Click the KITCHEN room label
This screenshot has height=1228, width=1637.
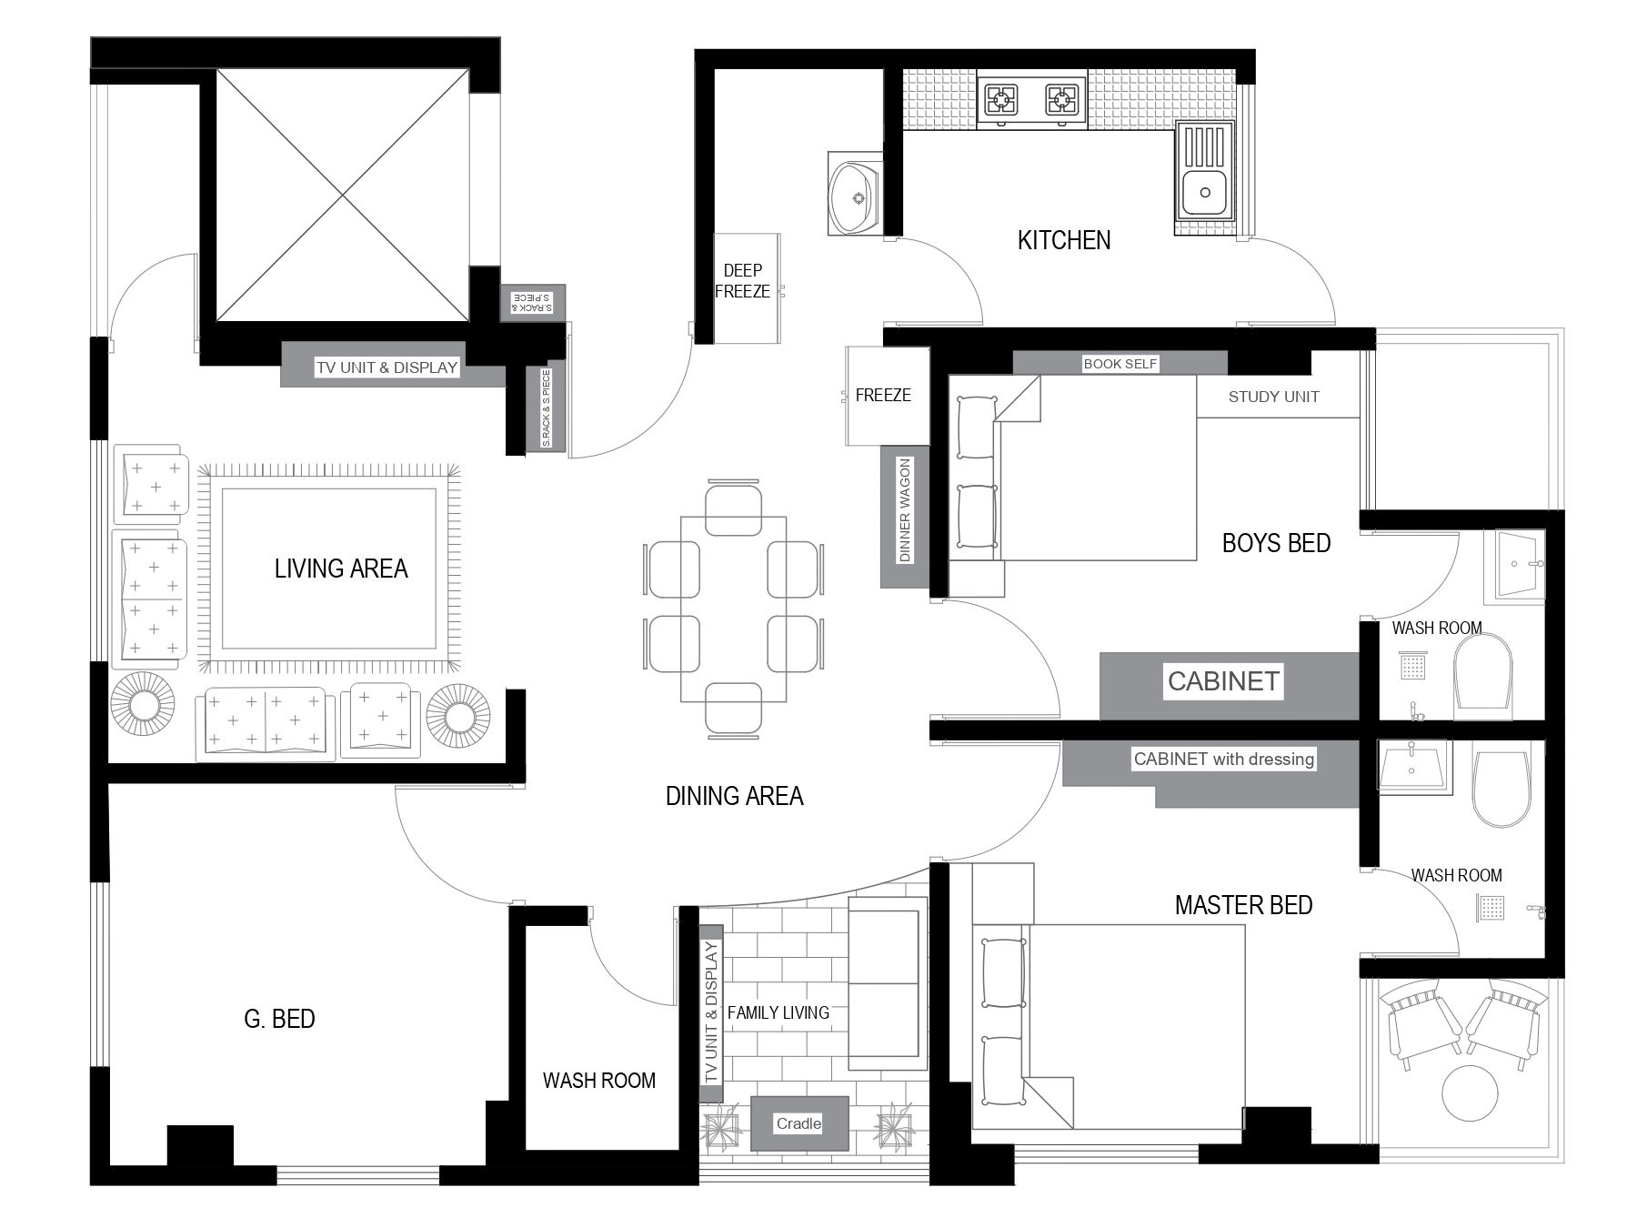pyautogui.click(x=1063, y=240)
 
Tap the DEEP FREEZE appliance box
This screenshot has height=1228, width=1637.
pyautogui.click(x=747, y=287)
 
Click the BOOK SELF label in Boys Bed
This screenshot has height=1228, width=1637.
pyautogui.click(x=1120, y=364)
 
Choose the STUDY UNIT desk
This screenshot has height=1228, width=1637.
pyautogui.click(x=1278, y=397)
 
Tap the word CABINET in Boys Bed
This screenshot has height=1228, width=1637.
pyautogui.click(x=1223, y=681)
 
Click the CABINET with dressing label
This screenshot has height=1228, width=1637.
pyautogui.click(x=1223, y=759)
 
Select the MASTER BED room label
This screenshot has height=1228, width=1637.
pyautogui.click(x=1243, y=905)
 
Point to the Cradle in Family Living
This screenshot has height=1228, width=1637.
pyautogui.click(x=799, y=1123)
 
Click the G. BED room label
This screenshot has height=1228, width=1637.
pyautogui.click(x=279, y=1019)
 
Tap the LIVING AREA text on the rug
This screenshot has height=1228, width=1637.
pyautogui.click(x=341, y=569)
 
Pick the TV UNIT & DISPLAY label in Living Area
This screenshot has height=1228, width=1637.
pyautogui.click(x=387, y=367)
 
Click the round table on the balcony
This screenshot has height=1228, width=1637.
pyautogui.click(x=1470, y=1093)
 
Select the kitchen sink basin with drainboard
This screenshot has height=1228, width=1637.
pyautogui.click(x=1204, y=172)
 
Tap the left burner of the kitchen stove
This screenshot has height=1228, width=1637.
pyautogui.click(x=1002, y=98)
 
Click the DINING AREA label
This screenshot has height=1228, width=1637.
pyautogui.click(x=734, y=796)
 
